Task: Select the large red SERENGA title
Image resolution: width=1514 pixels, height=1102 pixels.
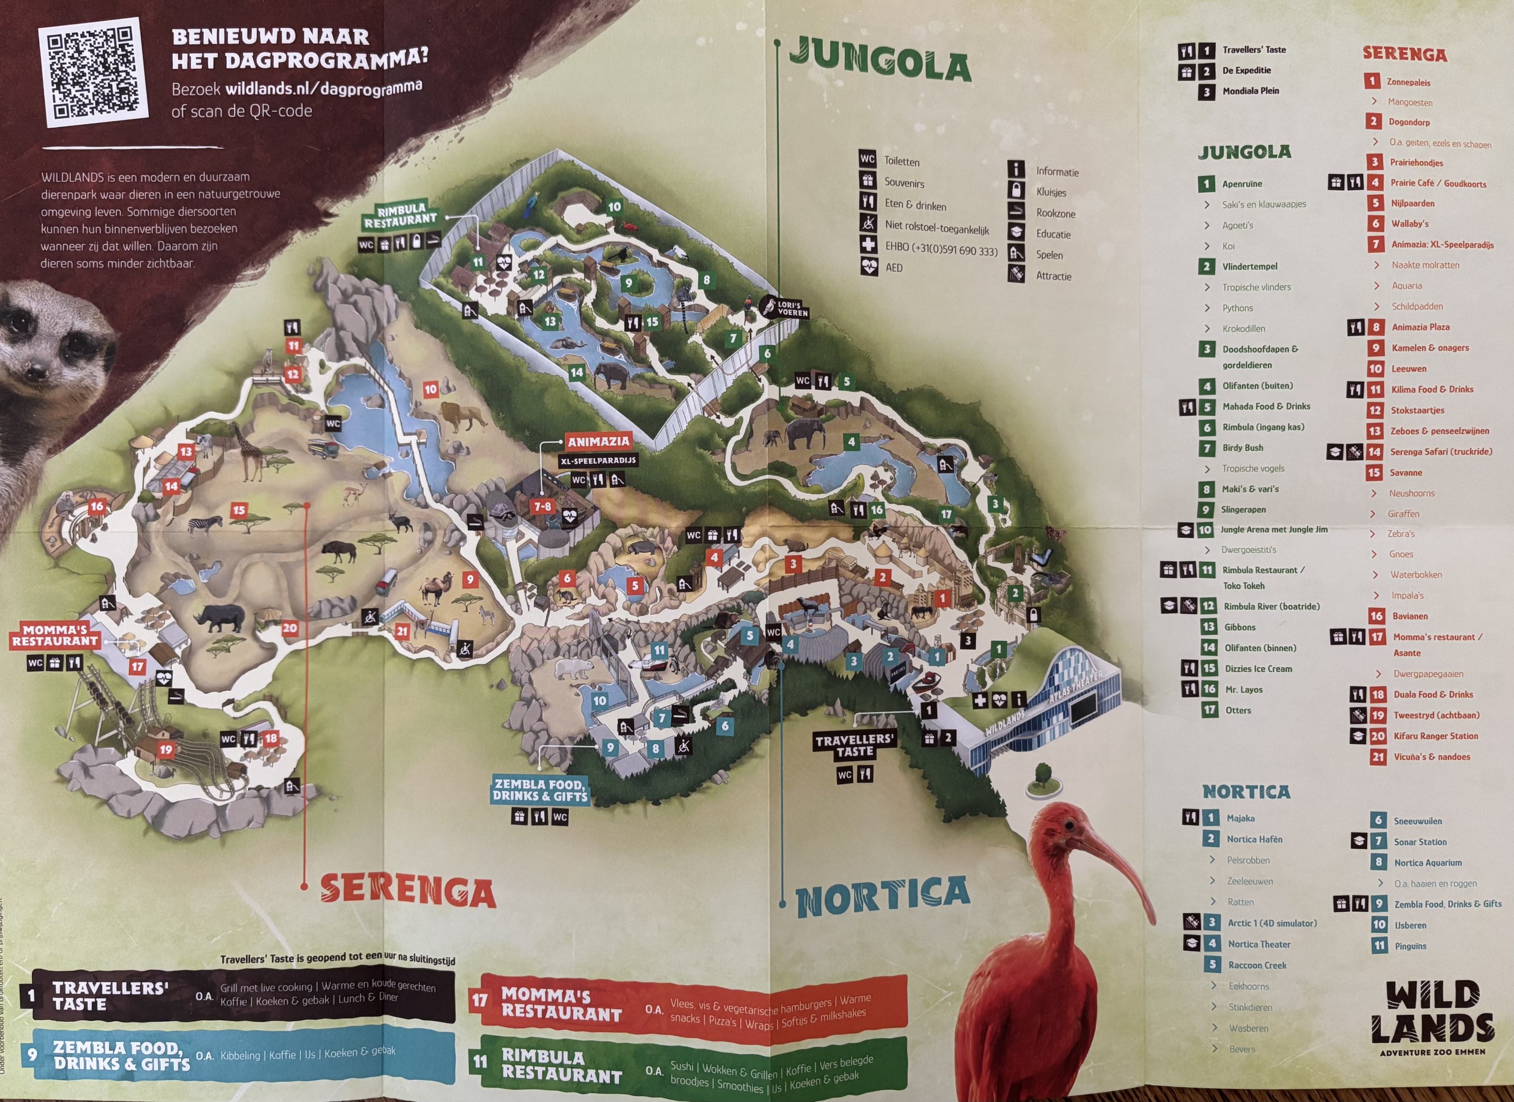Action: coord(408,890)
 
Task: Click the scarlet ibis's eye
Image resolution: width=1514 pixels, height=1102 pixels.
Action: coord(1070,825)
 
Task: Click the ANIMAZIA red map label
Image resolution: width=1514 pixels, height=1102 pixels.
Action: coord(599,441)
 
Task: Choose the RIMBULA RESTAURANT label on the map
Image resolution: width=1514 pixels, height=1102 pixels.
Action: coord(401,214)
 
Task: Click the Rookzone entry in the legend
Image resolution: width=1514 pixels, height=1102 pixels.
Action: coord(1055,213)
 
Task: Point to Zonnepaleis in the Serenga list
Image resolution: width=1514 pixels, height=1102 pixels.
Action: coord(1408,82)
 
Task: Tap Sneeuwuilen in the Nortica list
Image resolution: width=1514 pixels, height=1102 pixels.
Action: coord(1417,821)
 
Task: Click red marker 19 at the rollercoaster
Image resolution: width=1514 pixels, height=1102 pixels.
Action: coord(166,749)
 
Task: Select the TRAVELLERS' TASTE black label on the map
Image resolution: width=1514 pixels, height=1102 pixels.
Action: coord(854,745)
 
